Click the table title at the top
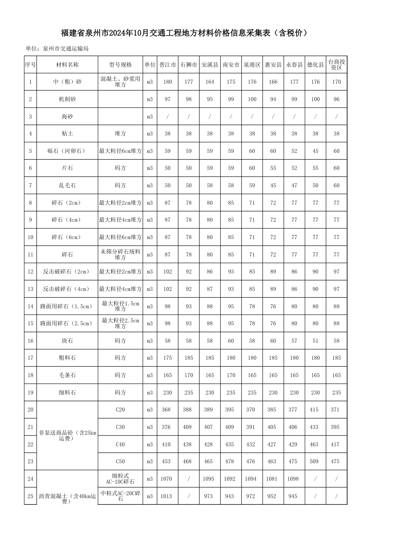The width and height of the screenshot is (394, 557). pyautogui.click(x=185, y=33)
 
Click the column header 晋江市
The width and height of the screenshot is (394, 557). pyautogui.click(x=168, y=65)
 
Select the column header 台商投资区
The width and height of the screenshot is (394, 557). pyautogui.click(x=336, y=65)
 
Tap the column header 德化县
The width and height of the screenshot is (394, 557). pyautogui.click(x=315, y=65)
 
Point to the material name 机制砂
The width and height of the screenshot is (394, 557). pyautogui.click(x=67, y=99)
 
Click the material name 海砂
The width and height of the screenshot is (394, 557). pyautogui.click(x=67, y=117)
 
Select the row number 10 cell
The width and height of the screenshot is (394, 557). pyautogui.click(x=30, y=237)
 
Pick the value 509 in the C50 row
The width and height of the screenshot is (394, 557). pyautogui.click(x=314, y=462)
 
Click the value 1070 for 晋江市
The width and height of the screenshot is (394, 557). pyautogui.click(x=166, y=479)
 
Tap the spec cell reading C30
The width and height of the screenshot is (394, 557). pyautogui.click(x=120, y=427)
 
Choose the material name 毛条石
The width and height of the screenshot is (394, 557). pyautogui.click(x=67, y=375)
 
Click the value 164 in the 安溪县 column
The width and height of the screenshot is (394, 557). pyautogui.click(x=210, y=82)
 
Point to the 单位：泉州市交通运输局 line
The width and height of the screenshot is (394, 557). pyautogui.click(x=57, y=49)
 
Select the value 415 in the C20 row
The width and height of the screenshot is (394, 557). pyautogui.click(x=314, y=410)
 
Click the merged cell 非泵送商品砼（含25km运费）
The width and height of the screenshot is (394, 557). pyautogui.click(x=67, y=436)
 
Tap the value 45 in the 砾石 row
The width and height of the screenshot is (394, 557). pyautogui.click(x=315, y=151)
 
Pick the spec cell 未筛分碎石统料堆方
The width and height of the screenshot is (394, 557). pyautogui.click(x=120, y=254)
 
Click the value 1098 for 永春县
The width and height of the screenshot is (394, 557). pyautogui.click(x=293, y=479)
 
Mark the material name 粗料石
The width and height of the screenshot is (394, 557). pyautogui.click(x=67, y=358)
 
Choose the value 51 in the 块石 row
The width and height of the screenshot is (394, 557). pyautogui.click(x=315, y=341)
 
